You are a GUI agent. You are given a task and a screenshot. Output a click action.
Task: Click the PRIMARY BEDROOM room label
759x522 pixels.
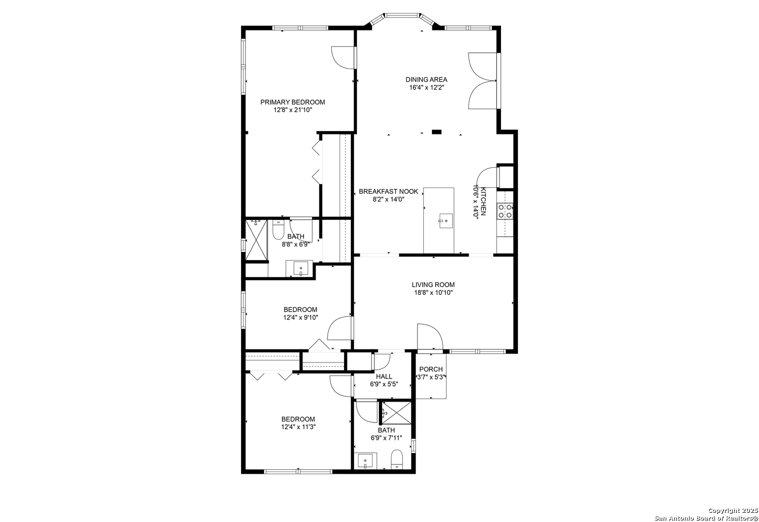[x=292, y=102]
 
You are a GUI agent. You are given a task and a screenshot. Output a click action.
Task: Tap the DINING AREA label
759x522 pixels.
[x=426, y=80]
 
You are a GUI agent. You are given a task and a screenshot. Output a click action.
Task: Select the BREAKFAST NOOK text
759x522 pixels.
[x=388, y=191]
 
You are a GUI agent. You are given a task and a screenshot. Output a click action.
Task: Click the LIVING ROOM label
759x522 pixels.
[x=433, y=285]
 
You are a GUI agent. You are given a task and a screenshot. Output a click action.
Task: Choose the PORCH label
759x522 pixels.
[x=431, y=369]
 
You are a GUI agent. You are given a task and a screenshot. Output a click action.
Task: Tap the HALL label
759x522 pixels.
[x=384, y=377]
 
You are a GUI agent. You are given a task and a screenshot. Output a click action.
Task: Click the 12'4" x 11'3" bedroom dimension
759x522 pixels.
[x=298, y=427]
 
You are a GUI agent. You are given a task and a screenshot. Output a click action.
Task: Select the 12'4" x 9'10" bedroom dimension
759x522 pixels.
[x=301, y=318]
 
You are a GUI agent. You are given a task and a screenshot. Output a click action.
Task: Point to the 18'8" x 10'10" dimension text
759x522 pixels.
[x=433, y=293]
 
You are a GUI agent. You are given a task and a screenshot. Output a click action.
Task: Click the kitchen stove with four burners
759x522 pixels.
[x=505, y=211]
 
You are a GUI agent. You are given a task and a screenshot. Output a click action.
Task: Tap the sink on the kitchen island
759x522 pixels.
[x=446, y=221]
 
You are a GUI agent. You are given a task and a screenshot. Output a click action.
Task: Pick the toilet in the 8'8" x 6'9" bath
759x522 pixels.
[x=278, y=230]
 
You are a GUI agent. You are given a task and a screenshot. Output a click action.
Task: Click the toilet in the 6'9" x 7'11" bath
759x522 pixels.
[x=397, y=460]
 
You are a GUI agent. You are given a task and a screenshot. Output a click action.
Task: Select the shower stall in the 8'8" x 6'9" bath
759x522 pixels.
[x=256, y=240]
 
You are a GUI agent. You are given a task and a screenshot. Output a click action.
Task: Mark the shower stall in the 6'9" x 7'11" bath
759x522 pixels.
[x=397, y=412]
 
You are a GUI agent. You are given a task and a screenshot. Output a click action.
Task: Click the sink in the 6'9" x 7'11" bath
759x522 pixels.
[x=365, y=461]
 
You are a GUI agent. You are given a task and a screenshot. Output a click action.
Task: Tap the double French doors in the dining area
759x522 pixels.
[x=483, y=81]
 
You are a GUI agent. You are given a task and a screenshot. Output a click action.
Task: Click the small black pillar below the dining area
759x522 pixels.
[x=436, y=132]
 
